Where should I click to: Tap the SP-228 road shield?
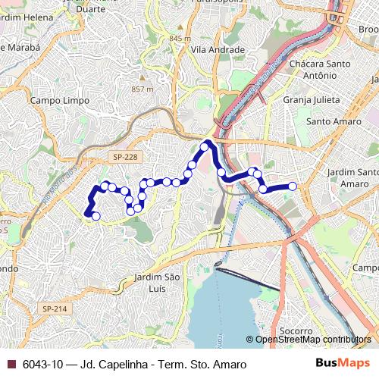click(127, 157)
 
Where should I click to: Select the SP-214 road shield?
click(55, 309)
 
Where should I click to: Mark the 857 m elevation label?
click(143, 89)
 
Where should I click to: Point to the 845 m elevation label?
click(180, 38)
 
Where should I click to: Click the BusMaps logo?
click(343, 364)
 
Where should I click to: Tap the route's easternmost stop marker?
click(292, 186)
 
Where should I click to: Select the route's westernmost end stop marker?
click(96, 216)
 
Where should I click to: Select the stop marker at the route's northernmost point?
click(204, 145)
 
